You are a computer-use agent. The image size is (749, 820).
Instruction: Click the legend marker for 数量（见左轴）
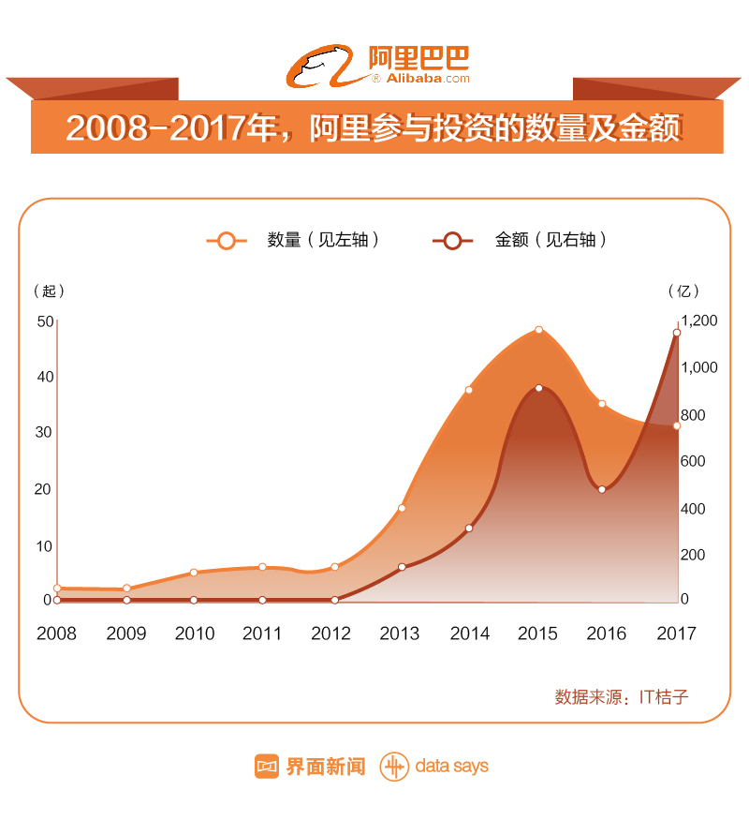226,241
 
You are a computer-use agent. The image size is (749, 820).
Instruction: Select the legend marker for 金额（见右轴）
452,241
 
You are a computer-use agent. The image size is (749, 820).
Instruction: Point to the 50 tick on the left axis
45,321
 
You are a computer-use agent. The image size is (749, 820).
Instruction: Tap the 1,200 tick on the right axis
699,321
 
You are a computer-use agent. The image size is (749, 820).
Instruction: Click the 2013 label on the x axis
400,634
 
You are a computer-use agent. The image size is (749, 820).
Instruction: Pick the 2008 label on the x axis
56,634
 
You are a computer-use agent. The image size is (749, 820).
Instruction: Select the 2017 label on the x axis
676,634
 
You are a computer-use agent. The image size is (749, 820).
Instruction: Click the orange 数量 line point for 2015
539,330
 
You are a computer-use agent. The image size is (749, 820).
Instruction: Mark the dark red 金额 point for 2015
539,388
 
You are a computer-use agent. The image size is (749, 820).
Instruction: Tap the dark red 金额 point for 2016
602,489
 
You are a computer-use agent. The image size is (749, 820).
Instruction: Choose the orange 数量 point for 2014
469,390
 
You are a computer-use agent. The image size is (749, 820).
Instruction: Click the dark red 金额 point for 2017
676,333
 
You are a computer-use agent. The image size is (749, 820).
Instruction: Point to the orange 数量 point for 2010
194,572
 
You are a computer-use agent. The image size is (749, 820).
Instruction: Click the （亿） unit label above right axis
683,291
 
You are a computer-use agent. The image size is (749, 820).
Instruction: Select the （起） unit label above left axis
49,291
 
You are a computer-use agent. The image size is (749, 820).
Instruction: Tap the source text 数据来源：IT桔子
622,697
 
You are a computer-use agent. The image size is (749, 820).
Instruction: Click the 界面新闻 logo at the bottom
310,766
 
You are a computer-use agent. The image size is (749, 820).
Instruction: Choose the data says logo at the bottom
434,766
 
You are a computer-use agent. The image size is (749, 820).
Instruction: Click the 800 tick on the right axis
699,415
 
